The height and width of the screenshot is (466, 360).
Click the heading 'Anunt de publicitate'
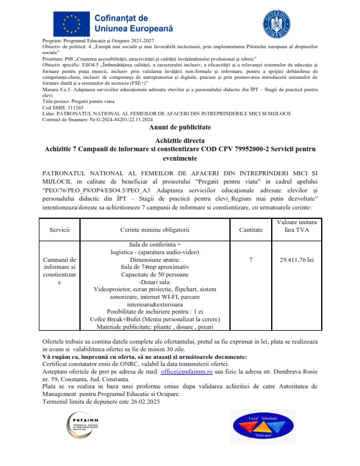(x=180, y=127)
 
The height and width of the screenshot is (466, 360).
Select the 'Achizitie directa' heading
(x=180, y=141)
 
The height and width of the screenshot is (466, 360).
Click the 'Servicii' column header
(x=60, y=229)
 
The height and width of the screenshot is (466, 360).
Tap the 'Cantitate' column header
(x=251, y=229)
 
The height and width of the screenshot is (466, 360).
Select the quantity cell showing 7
(x=251, y=259)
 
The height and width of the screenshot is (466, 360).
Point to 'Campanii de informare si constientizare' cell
(x=60, y=271)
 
